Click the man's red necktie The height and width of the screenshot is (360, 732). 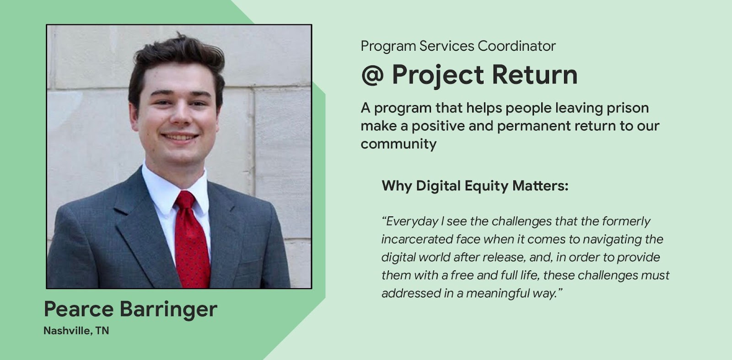(191, 242)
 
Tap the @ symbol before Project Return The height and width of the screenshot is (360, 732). (372, 75)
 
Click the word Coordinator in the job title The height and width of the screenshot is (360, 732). (517, 46)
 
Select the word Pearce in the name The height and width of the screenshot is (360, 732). (79, 309)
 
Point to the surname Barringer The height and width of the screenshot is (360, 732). (169, 310)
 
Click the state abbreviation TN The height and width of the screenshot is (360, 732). (102, 331)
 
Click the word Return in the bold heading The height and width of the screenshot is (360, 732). (535, 75)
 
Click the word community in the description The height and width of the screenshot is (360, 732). (398, 144)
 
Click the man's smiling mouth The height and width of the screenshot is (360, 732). (180, 137)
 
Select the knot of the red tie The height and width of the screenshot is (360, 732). (185, 199)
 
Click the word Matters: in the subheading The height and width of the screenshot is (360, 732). (540, 186)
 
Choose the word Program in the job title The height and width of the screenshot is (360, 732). (388, 47)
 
